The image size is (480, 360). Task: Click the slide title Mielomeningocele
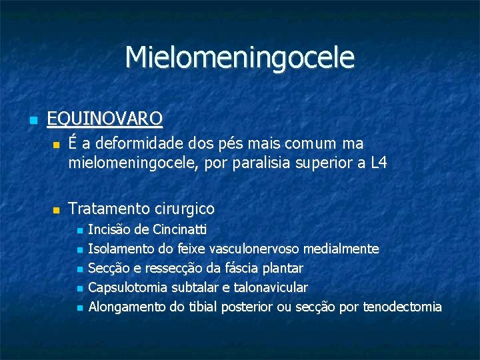tap(239, 57)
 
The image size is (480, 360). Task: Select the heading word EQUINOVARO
tap(105, 119)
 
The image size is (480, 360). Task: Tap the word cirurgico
tap(182, 209)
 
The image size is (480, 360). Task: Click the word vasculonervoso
tap(255, 249)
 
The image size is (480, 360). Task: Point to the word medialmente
tap(341, 249)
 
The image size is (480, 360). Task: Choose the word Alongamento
tap(127, 307)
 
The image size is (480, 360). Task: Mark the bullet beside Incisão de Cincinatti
tap(79, 231)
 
